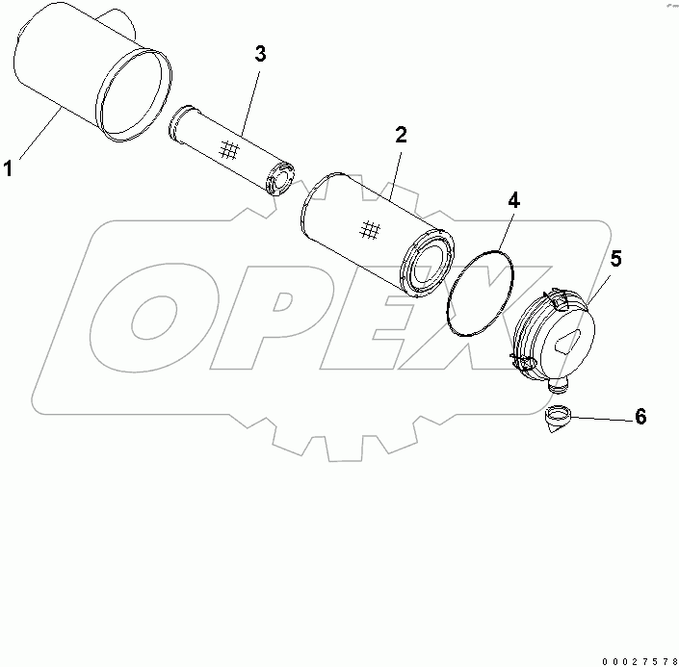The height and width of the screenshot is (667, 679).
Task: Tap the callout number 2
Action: click(401, 135)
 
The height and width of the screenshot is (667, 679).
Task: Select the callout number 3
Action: click(260, 54)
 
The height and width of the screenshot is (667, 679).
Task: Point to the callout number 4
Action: click(513, 200)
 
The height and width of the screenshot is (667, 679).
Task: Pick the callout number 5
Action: click(615, 258)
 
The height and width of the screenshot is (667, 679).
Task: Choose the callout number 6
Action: click(640, 417)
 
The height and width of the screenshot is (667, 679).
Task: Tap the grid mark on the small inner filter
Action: click(228, 149)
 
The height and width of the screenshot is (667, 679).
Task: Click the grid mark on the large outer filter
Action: click(368, 229)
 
